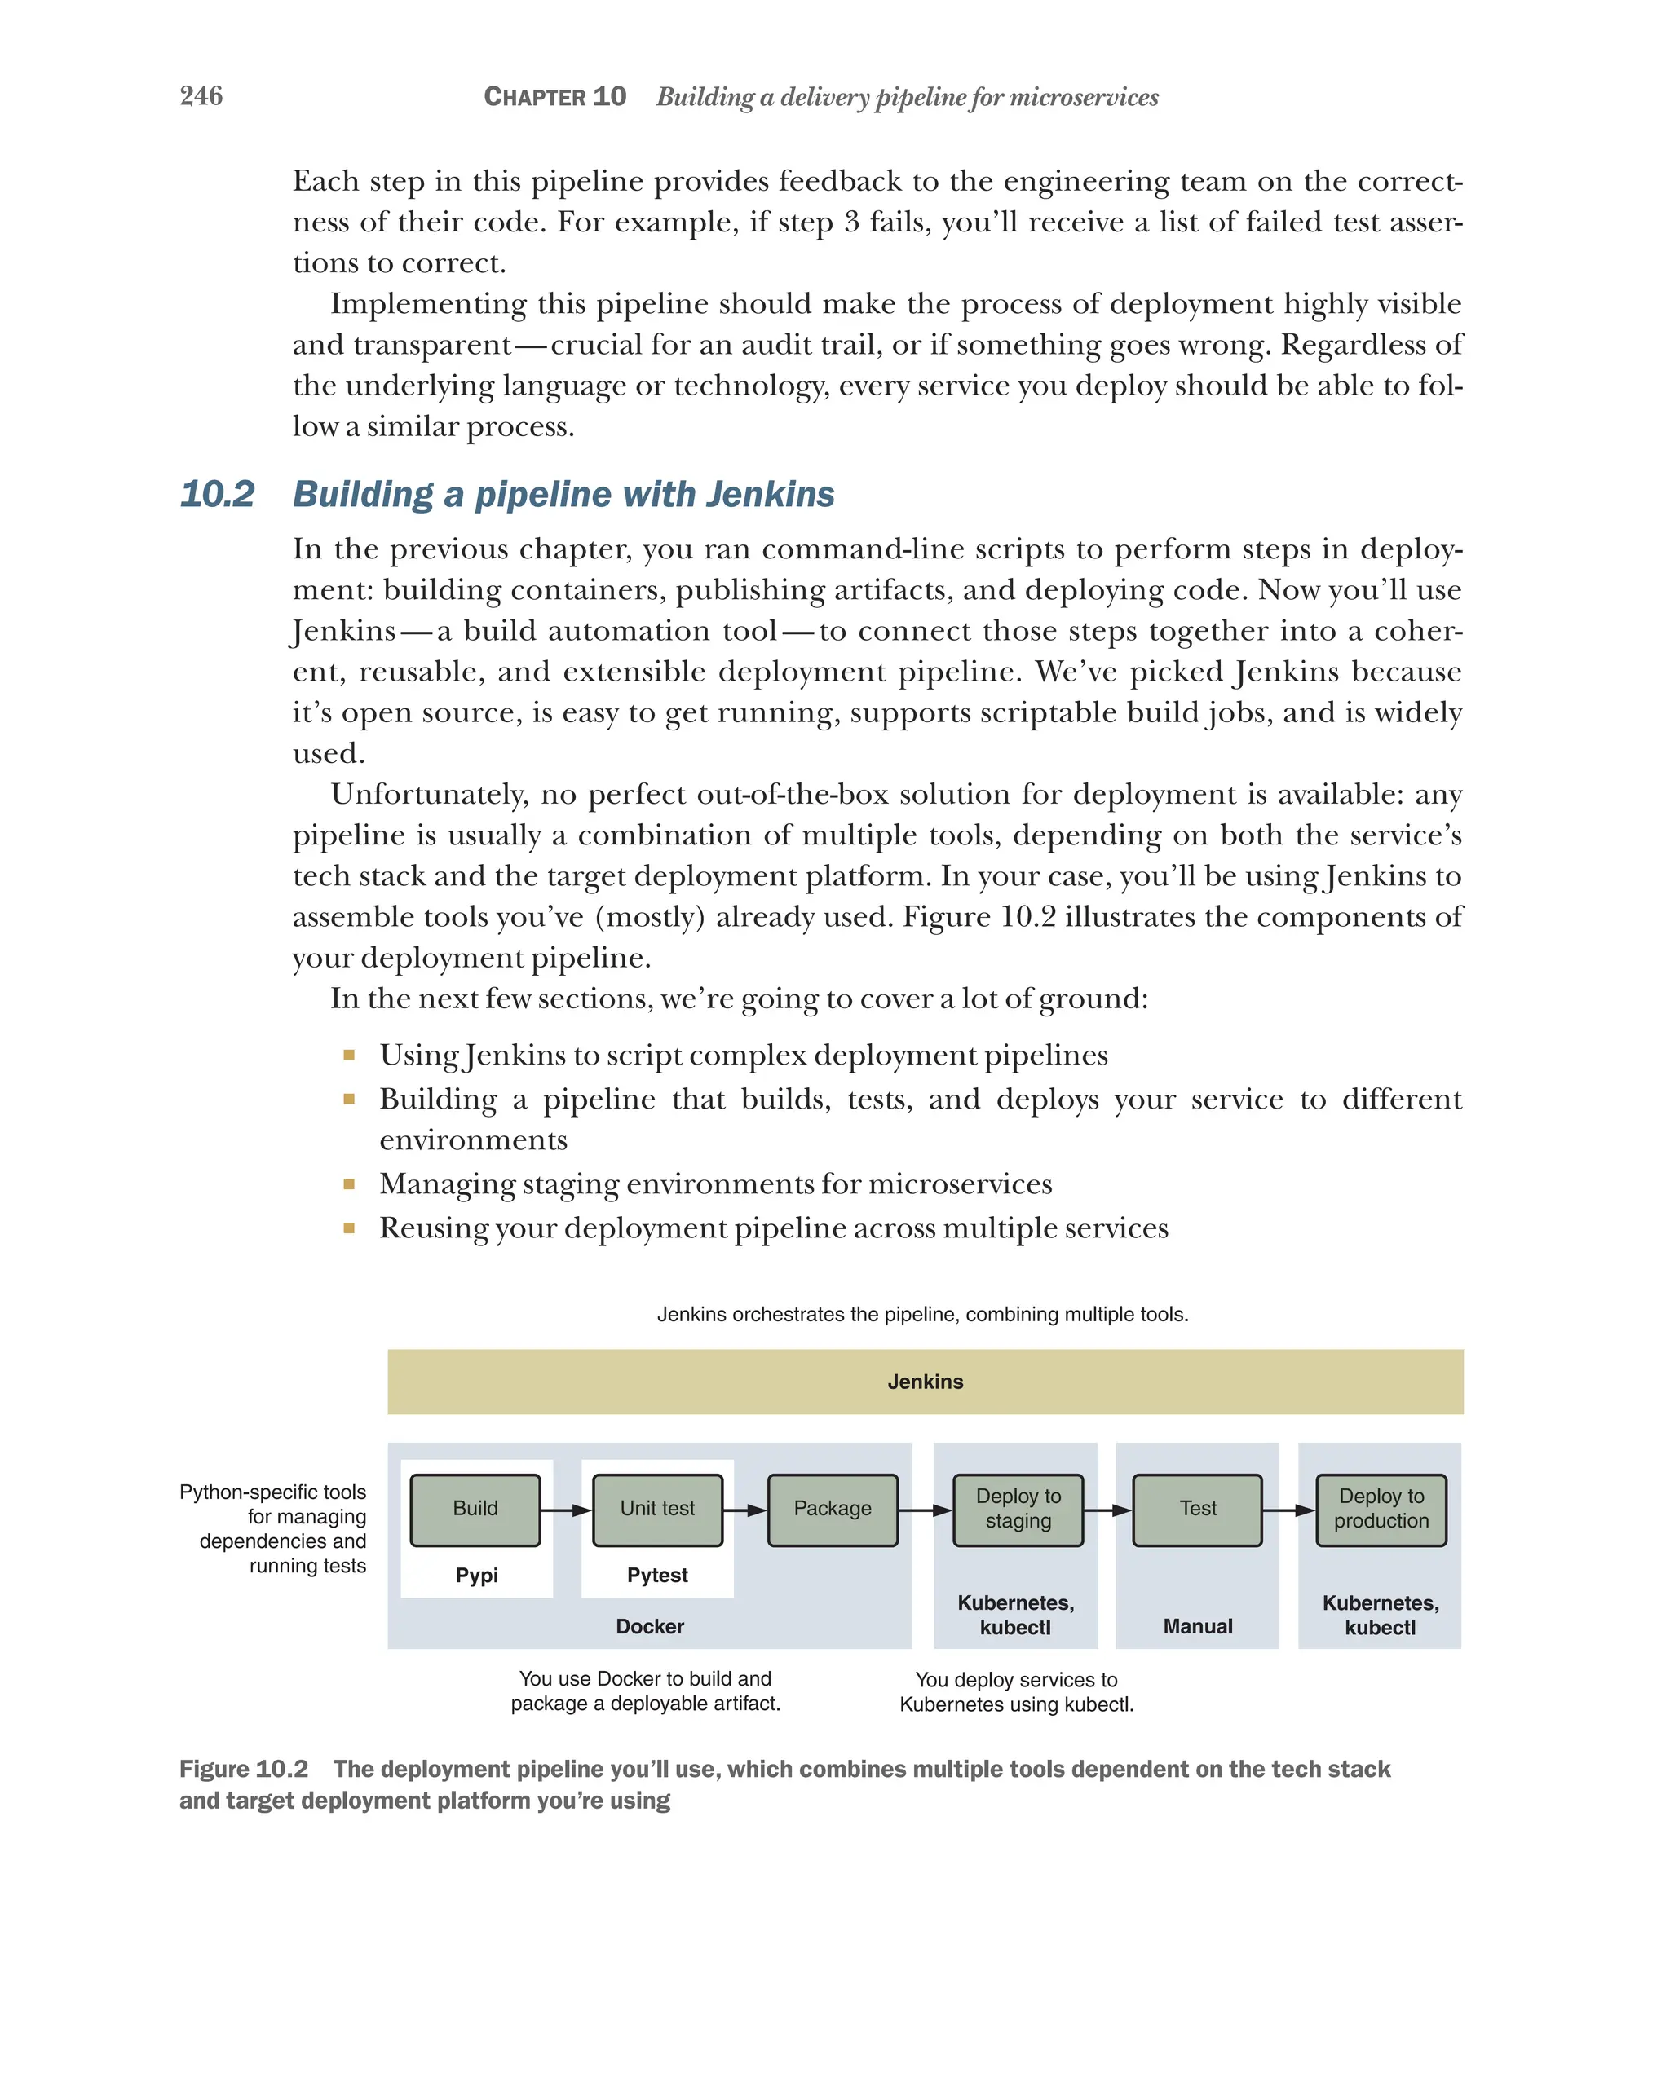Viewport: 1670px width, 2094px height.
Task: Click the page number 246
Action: pyautogui.click(x=201, y=95)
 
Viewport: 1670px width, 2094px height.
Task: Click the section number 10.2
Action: pyautogui.click(x=217, y=495)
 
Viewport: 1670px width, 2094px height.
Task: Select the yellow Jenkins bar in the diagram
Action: pyautogui.click(x=924, y=1381)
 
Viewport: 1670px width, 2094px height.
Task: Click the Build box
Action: pyautogui.click(x=475, y=1510)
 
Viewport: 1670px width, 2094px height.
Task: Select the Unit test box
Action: pyautogui.click(x=658, y=1510)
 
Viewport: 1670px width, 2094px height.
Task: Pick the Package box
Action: pyautogui.click(x=833, y=1510)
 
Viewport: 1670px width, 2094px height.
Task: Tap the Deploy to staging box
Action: pyautogui.click(x=1018, y=1510)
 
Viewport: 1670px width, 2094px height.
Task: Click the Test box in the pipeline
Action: pyautogui.click(x=1198, y=1510)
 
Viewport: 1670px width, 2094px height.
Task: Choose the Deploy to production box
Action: pyautogui.click(x=1381, y=1510)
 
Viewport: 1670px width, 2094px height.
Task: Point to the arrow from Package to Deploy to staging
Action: pyautogui.click(x=925, y=1510)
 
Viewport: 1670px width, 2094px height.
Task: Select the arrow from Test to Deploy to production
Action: pyautogui.click(x=1289, y=1510)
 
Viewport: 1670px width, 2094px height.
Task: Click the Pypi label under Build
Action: pyautogui.click(x=476, y=1576)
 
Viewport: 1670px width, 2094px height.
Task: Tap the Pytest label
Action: pyautogui.click(x=658, y=1576)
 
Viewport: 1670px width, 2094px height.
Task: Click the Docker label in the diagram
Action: pyautogui.click(x=650, y=1626)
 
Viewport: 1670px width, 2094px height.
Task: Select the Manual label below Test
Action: pyautogui.click(x=1198, y=1626)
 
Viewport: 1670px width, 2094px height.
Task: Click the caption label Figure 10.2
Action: pyautogui.click(x=244, y=1769)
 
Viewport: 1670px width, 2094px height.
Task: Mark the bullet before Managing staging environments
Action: pyautogui.click(x=349, y=1184)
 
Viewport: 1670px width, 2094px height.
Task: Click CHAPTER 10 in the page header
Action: pyautogui.click(x=554, y=97)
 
